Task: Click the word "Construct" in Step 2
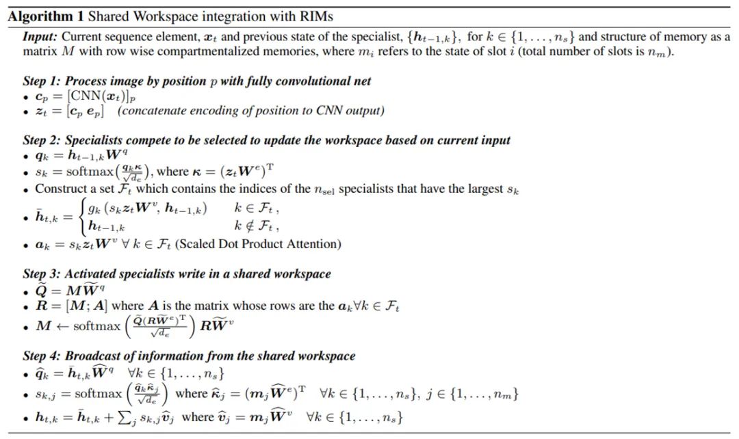click(x=58, y=188)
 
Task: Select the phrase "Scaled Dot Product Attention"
click(x=267, y=244)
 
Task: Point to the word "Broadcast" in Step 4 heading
click(x=93, y=356)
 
